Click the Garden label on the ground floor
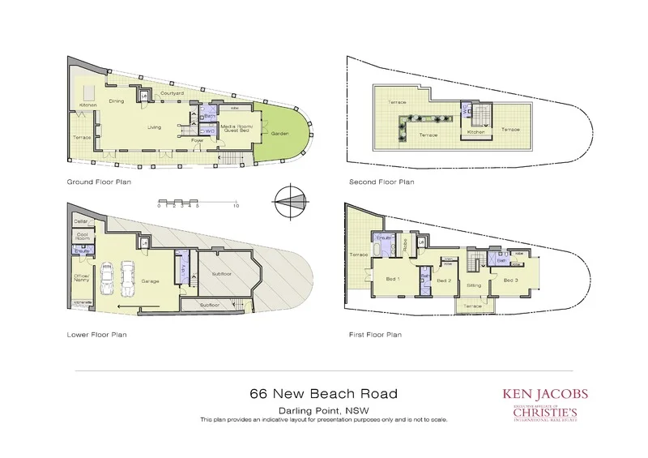pos(279,133)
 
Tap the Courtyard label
pos(169,93)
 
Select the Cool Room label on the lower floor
pos(82,238)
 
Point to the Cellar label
pos(80,220)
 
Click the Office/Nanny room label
pos(82,277)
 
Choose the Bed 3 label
pos(509,280)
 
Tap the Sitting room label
pos(475,286)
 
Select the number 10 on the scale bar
pos(236,207)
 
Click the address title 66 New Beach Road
pos(324,395)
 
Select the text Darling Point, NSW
pos(324,411)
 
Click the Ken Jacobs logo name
pos(545,395)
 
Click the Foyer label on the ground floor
pos(197,141)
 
